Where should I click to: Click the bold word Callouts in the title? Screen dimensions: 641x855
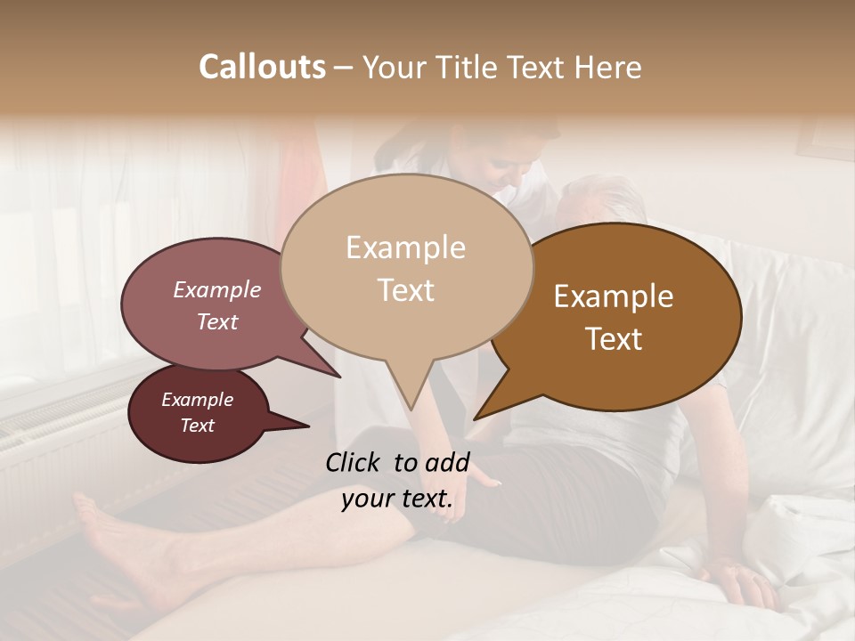(x=262, y=67)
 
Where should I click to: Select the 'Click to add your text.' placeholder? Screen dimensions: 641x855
(x=397, y=481)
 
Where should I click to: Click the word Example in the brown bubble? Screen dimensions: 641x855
(x=614, y=296)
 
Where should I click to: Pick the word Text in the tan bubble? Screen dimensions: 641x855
(x=406, y=290)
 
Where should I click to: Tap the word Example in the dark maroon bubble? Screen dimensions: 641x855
(x=197, y=400)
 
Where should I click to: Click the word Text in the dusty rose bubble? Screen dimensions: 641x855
(x=217, y=321)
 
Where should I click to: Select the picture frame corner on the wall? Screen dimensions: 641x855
(x=819, y=142)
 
